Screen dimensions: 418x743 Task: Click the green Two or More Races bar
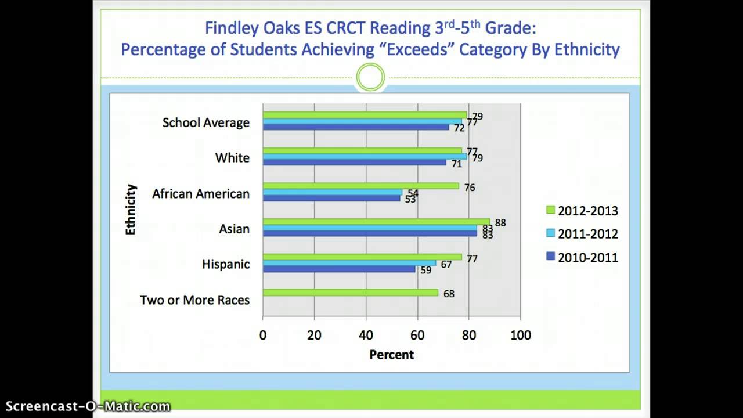(x=350, y=293)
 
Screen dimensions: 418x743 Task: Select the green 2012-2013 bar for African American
(x=360, y=186)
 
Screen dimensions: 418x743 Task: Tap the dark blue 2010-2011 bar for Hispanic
(x=339, y=269)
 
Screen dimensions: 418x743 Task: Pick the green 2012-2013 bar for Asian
(x=376, y=221)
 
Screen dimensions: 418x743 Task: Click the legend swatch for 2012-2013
(x=550, y=210)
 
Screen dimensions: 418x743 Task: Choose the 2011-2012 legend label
(x=587, y=234)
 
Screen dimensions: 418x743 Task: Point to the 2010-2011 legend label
(x=587, y=257)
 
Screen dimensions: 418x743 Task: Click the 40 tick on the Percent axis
(x=366, y=335)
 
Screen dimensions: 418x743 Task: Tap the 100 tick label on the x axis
(x=520, y=335)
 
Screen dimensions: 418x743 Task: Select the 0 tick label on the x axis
(x=263, y=335)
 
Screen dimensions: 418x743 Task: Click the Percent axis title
(x=391, y=355)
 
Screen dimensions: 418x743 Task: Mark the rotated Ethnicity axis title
(x=131, y=210)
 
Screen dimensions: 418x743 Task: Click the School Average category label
(x=205, y=122)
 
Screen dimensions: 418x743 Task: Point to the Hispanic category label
(x=225, y=264)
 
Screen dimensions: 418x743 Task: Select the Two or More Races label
(x=194, y=300)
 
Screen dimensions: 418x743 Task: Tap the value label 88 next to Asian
(x=500, y=223)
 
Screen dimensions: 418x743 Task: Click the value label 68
(x=449, y=294)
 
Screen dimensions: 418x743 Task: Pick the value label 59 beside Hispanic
(x=425, y=270)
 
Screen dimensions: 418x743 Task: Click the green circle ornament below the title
(x=370, y=77)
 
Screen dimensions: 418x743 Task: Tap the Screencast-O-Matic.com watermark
(x=88, y=406)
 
